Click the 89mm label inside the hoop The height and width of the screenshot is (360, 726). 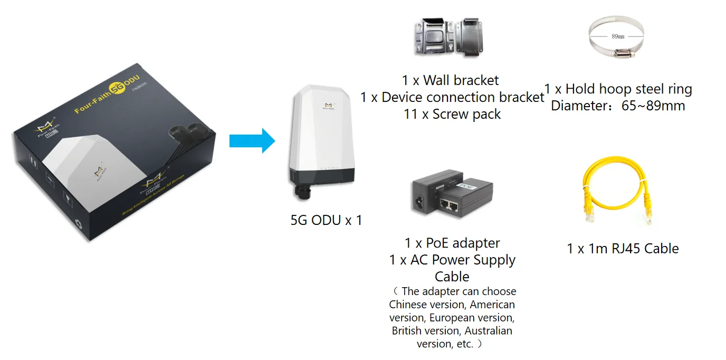point(618,36)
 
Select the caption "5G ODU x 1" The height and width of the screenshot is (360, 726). point(326,220)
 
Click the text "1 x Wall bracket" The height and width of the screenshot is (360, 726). point(450,80)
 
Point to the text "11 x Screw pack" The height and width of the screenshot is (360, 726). point(452,114)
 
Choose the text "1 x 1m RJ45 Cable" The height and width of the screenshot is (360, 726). point(623,249)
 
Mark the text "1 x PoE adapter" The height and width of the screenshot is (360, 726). point(452,243)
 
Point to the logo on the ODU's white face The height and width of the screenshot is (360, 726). point(329,106)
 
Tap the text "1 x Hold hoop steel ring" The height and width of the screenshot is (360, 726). point(618,89)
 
